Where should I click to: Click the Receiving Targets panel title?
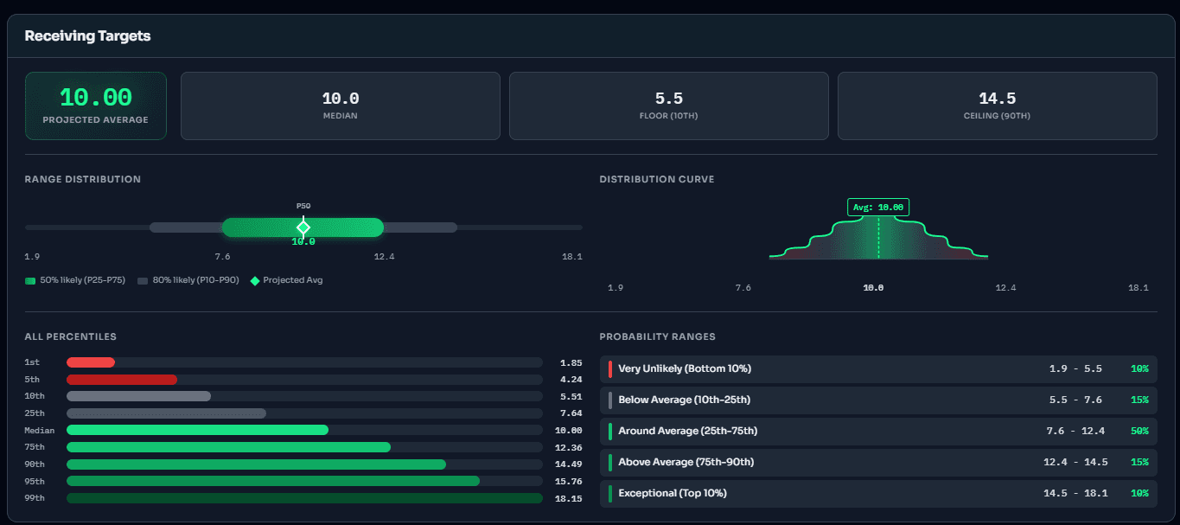(87, 36)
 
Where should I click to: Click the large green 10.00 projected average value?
(95, 98)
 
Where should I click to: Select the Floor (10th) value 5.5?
(668, 99)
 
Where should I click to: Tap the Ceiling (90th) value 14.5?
(997, 99)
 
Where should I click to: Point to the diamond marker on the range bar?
(303, 227)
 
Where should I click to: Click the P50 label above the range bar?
(303, 207)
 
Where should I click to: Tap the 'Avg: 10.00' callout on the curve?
(877, 208)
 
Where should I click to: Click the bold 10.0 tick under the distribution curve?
(872, 288)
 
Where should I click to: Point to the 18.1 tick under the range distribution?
(571, 257)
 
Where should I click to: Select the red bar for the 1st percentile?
(91, 362)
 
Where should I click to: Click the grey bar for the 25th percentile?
(166, 413)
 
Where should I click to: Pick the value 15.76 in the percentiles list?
(571, 481)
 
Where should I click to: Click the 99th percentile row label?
(35, 498)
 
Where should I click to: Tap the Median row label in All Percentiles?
(40, 431)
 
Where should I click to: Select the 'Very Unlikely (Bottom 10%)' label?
(684, 368)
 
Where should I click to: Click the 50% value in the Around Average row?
(1139, 431)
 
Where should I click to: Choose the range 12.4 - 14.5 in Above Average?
(1075, 462)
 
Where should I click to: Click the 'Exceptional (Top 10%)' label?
(672, 493)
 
